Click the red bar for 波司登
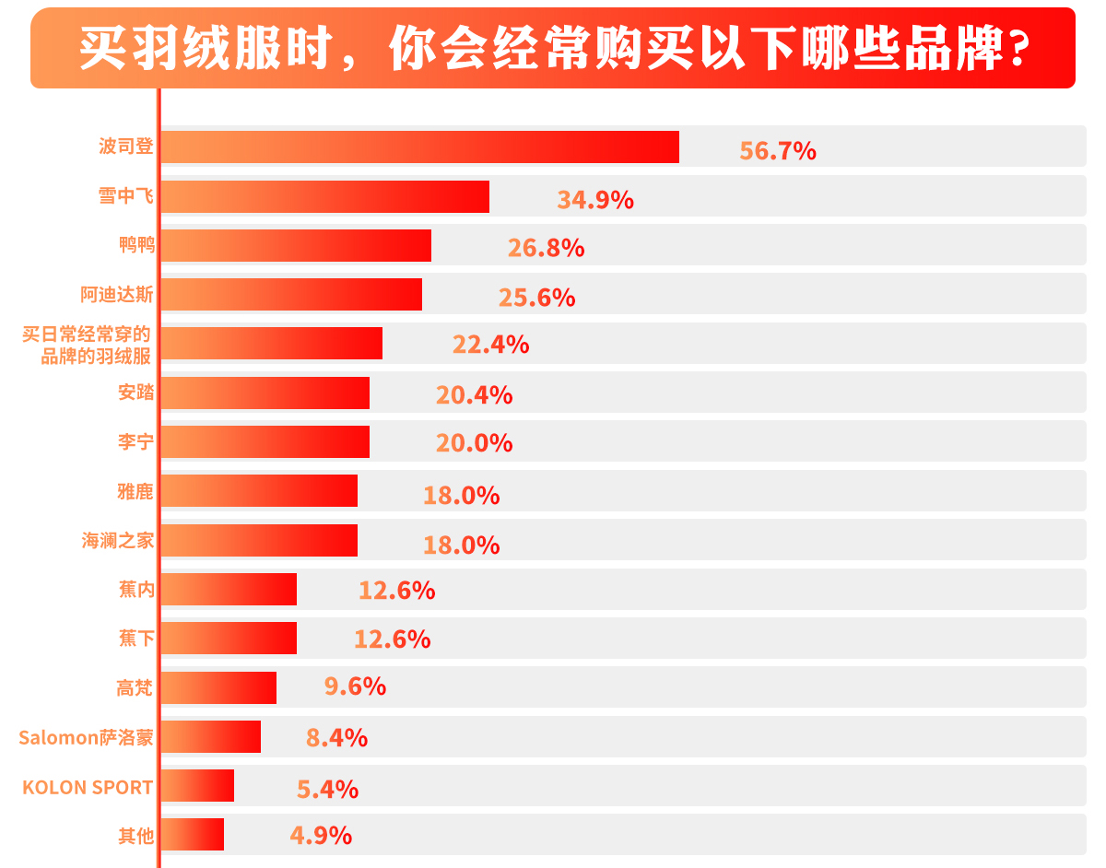coord(419,147)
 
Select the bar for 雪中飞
coord(324,197)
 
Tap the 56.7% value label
coord(778,151)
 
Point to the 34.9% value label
coord(595,200)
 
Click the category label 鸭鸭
coord(135,245)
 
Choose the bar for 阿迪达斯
coord(291,295)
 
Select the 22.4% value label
coord(490,345)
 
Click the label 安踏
coord(135,393)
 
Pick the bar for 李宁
coord(265,442)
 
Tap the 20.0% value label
coord(474,443)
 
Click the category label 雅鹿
coord(135,491)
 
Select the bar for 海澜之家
coord(259,541)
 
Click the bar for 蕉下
coord(229,639)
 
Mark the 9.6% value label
coord(355,686)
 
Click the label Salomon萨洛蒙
coord(86,738)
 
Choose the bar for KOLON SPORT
coord(197,786)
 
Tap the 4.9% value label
coord(321,836)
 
